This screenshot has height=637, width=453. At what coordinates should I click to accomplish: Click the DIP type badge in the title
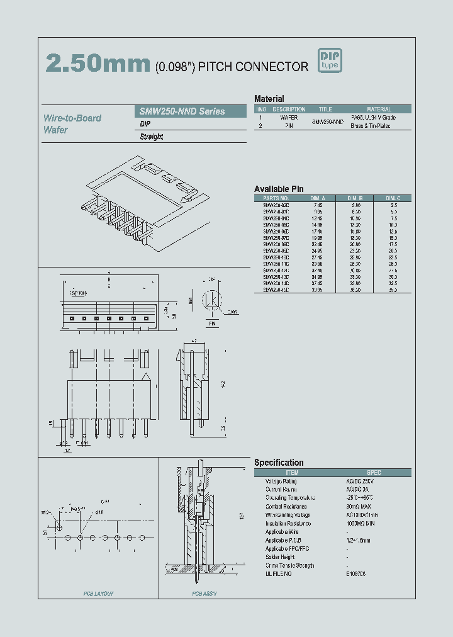click(x=329, y=61)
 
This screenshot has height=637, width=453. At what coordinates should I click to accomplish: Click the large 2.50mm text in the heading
click(x=97, y=64)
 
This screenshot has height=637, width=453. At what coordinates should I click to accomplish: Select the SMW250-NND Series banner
click(x=191, y=111)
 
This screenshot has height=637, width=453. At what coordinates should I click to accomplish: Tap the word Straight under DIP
click(x=152, y=137)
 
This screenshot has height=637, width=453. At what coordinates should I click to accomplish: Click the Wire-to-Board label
click(x=72, y=118)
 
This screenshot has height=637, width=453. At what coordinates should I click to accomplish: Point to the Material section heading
click(x=269, y=99)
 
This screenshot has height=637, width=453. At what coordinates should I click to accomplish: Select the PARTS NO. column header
click(x=276, y=198)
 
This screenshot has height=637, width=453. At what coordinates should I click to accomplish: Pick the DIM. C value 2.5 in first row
click(x=394, y=205)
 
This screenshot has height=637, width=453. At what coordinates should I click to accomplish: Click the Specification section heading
click(x=279, y=463)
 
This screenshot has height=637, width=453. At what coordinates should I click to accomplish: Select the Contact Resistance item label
click(x=286, y=506)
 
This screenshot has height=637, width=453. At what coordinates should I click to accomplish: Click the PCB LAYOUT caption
click(x=99, y=594)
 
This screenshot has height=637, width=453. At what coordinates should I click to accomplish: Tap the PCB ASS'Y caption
click(x=205, y=594)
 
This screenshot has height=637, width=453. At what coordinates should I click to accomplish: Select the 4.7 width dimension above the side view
click(x=194, y=340)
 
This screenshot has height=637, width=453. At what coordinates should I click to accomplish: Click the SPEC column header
click(x=374, y=473)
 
